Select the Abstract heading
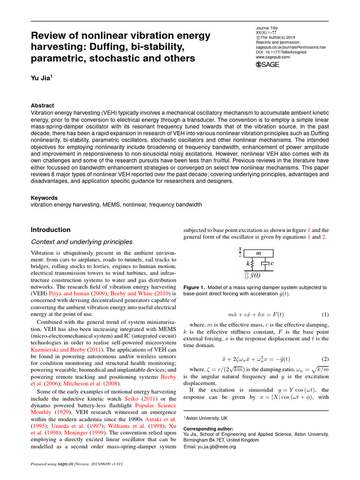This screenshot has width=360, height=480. tap(42, 105)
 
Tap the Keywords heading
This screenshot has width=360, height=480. tap(44, 198)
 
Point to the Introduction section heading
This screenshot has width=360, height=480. tap(51, 230)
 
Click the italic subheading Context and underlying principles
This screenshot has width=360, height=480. tap(82, 242)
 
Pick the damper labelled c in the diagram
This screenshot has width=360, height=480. tap(266, 264)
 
